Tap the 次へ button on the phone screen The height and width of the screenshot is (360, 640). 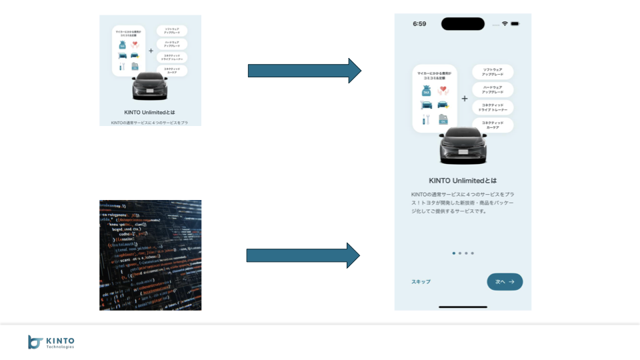505,282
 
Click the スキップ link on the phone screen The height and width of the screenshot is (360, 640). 421,282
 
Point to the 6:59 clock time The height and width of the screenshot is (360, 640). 419,23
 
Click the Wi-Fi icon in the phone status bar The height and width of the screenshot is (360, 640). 505,23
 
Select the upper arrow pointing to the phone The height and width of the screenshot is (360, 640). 304,71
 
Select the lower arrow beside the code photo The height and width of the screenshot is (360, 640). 303,255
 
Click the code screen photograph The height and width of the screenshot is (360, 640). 150,255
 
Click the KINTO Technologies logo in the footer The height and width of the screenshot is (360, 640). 51,342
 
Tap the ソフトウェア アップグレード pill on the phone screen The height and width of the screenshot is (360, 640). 493,72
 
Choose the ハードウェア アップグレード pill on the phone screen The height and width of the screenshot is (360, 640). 493,89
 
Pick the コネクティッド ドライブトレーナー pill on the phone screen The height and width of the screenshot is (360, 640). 493,107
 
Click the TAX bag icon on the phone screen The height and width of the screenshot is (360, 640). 426,91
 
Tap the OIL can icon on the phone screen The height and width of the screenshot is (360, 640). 443,120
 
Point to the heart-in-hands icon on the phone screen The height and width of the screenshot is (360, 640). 443,91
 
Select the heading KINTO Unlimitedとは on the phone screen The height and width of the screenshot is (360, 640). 463,181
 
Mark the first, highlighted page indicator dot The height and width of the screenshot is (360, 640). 454,253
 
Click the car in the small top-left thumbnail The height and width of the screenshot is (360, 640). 150,86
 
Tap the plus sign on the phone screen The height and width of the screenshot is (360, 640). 465,99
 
